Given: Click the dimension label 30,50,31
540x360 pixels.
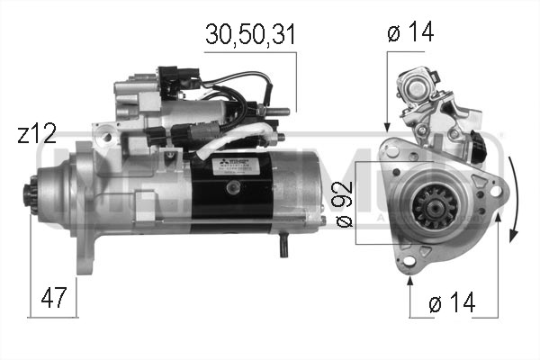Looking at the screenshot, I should point(249,35).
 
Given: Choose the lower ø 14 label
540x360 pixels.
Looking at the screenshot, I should point(452,303).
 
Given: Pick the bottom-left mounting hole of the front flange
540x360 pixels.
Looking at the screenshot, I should point(411,260).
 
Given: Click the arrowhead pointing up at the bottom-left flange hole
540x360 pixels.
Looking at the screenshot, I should point(411,280).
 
